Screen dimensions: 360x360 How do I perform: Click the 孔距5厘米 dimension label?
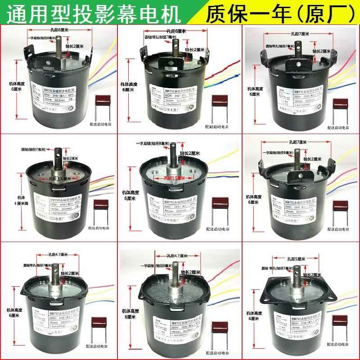[296, 259]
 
